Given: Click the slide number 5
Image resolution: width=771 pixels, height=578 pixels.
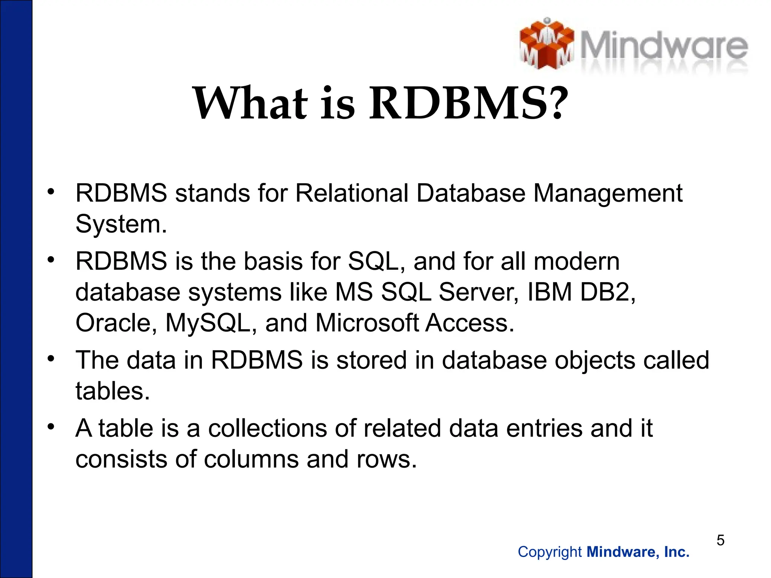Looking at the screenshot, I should [720, 540].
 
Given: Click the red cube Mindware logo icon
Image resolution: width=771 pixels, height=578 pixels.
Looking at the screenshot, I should [547, 44].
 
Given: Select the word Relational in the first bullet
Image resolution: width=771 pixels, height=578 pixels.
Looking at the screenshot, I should [352, 193].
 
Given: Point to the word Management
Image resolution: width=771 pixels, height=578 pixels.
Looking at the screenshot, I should [608, 193].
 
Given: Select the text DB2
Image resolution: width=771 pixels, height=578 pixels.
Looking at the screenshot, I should [607, 292].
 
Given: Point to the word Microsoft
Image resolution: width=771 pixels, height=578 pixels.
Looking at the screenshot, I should [367, 323].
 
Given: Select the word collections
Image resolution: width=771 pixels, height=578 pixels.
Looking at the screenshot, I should [267, 429].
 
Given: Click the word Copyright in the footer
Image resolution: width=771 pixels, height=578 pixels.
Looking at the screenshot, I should [550, 552].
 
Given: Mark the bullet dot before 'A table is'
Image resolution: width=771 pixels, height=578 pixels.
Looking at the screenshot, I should [51, 426].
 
